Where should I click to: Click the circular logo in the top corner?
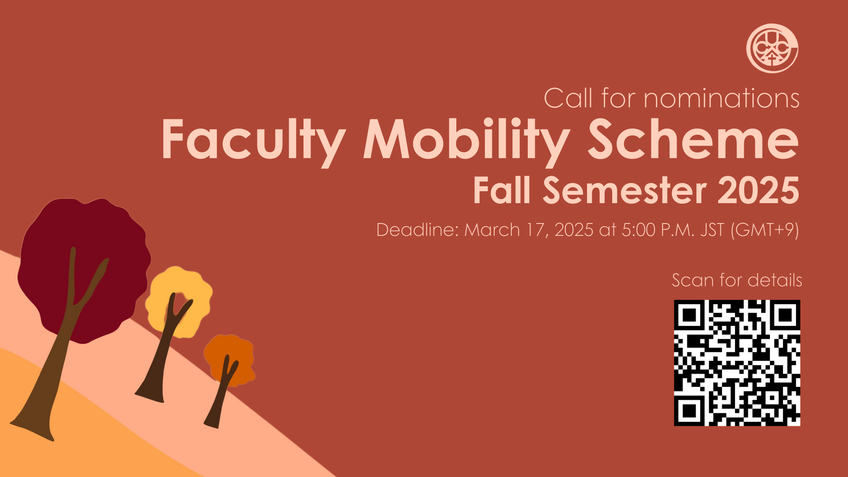(772, 48)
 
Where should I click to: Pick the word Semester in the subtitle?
(625, 190)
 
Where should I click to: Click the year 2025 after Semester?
(758, 190)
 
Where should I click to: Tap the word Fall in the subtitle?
(501, 190)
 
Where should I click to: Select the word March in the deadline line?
(492, 230)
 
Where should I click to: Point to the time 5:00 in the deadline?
(638, 230)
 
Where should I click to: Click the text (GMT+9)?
(765, 230)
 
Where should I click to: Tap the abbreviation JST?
(712, 230)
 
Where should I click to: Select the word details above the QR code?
(775, 280)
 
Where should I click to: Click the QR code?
(737, 363)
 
